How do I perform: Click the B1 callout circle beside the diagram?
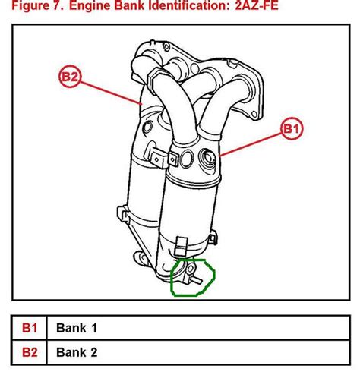coord(291,128)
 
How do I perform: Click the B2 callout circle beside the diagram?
coord(69,77)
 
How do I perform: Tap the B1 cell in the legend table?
coord(30,329)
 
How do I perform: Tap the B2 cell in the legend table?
coord(30,351)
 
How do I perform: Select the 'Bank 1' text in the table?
coord(77,329)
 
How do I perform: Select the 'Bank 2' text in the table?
coord(77,351)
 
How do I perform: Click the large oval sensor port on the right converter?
coord(206,160)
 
